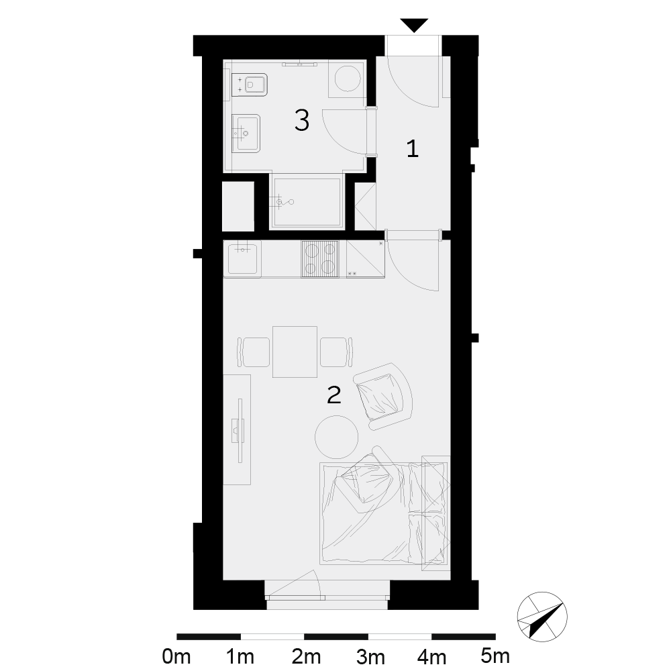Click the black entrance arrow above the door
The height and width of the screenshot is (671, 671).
(414, 24)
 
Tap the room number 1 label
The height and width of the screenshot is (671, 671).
(412, 149)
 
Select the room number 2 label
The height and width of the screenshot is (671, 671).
(333, 395)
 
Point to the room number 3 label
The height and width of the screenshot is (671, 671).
(302, 120)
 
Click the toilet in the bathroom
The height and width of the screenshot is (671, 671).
(250, 85)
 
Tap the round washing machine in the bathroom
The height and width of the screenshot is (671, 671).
(348, 78)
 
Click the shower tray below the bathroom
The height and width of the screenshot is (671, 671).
(307, 201)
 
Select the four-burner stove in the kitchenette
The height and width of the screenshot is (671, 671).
(319, 259)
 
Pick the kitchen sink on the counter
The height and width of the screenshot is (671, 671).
(242, 258)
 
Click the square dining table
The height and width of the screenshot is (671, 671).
(295, 352)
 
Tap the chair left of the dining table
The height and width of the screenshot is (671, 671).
(254, 352)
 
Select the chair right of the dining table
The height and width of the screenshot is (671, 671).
(337, 352)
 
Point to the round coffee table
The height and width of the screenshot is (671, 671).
(336, 437)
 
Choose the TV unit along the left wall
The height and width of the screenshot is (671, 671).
(237, 429)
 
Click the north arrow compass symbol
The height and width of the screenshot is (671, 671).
(542, 617)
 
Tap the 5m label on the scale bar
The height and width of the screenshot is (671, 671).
(495, 656)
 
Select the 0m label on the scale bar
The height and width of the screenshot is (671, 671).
(176, 656)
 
